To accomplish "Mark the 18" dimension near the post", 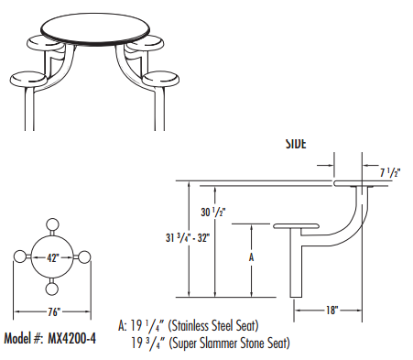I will (330, 311).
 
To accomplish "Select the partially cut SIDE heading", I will (296, 145).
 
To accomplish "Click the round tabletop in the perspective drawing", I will (97, 26).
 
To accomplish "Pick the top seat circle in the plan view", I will (52, 225).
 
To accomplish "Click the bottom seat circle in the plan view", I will (52, 289).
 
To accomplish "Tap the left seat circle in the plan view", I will (19, 257).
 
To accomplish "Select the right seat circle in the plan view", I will (85, 257).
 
